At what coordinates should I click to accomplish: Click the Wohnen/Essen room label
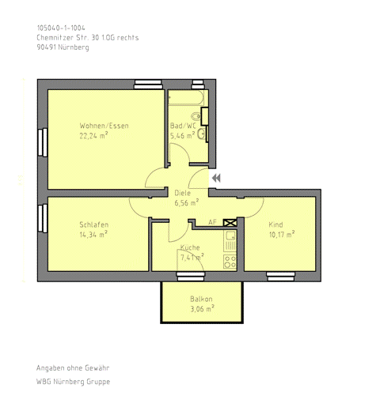tap(104, 126)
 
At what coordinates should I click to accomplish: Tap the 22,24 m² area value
tap(93, 135)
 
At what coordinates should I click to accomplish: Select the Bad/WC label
tap(183, 126)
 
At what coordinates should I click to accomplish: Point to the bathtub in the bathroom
tap(186, 98)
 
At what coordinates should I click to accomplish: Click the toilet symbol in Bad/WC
tap(196, 116)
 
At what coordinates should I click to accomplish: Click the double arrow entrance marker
tap(216, 178)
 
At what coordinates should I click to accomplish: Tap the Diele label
tap(182, 193)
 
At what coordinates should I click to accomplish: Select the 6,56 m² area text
tap(187, 202)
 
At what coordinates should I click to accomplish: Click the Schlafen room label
tap(94, 224)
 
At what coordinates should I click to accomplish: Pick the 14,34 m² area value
tap(93, 234)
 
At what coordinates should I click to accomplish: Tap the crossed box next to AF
tap(230, 223)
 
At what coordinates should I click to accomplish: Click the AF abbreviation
tap(212, 222)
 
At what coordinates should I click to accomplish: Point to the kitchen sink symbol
tap(230, 241)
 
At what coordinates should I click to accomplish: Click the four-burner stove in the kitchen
tap(230, 262)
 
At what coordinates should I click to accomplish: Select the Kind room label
tap(275, 224)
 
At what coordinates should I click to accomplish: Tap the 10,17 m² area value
tap(282, 234)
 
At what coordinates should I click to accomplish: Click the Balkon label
tap(201, 299)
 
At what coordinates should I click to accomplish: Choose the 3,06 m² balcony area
tap(202, 308)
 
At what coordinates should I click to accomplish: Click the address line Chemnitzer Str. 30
tap(88, 37)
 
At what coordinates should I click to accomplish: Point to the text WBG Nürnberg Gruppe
tap(73, 382)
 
